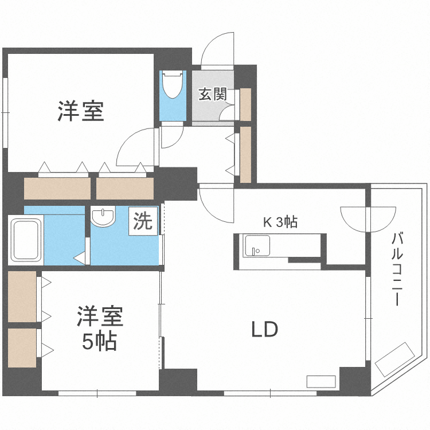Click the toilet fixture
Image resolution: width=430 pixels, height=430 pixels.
[172, 86]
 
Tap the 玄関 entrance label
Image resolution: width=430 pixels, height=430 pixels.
[212, 94]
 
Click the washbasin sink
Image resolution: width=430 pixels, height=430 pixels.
[103, 217]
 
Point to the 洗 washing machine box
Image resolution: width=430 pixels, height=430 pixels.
[143, 221]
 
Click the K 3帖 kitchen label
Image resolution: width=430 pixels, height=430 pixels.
[280, 222]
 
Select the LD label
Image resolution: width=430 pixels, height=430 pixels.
[265, 330]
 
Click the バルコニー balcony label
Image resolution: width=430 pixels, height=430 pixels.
[397, 269]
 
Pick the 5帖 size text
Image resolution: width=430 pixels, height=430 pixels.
[100, 342]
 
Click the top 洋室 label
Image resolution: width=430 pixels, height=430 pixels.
[80, 111]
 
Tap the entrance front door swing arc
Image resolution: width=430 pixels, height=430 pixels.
[218, 49]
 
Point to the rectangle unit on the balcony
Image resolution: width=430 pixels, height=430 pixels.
[395, 358]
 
